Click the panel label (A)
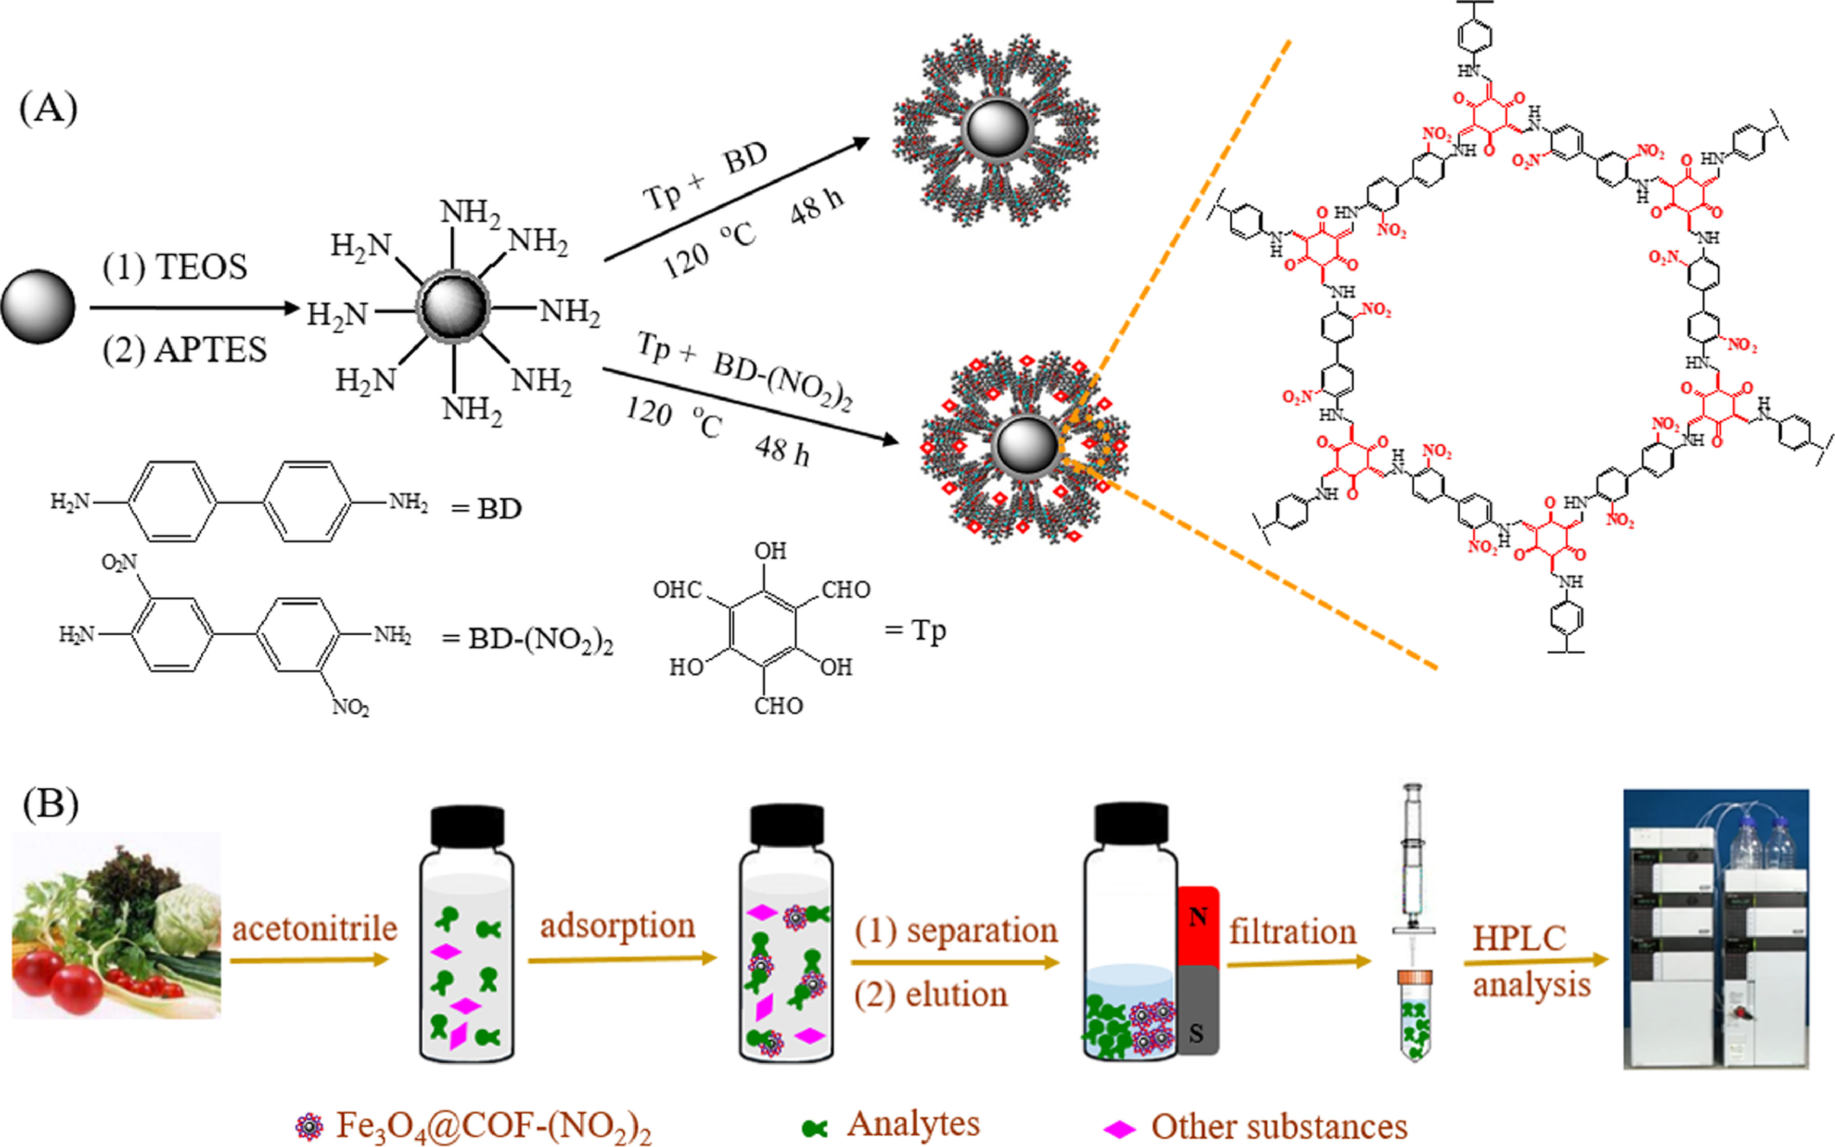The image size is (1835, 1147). tap(49, 109)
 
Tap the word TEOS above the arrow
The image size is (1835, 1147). tap(201, 268)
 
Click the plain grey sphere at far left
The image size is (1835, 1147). tap(38, 307)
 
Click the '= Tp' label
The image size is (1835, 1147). tap(916, 631)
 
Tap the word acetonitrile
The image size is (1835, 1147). tap(314, 928)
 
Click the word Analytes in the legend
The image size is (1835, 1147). tap(913, 1124)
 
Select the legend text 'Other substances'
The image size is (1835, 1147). tap(1279, 1127)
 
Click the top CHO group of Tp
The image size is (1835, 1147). tap(846, 590)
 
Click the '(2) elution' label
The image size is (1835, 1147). tap(931, 994)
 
